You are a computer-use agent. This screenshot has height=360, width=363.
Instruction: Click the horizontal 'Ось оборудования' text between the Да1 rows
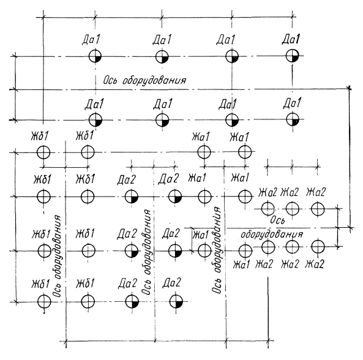(144, 81)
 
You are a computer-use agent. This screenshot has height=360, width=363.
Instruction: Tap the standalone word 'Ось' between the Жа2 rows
(277, 220)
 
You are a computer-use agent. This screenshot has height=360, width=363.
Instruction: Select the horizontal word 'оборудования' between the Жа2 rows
(272, 234)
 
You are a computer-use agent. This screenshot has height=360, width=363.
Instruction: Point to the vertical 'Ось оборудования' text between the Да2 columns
(146, 252)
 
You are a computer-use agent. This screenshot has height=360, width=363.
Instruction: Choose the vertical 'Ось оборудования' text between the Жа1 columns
(217, 250)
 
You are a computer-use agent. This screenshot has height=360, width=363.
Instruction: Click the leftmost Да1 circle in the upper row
(95, 56)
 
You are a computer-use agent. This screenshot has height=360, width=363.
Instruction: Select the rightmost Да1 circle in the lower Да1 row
(293, 119)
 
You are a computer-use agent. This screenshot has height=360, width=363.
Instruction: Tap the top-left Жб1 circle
(43, 152)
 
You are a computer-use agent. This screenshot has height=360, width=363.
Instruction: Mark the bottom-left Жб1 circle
(44, 302)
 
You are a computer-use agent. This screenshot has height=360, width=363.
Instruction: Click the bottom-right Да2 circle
(176, 302)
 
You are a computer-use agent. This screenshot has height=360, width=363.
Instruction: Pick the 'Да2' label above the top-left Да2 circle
(126, 180)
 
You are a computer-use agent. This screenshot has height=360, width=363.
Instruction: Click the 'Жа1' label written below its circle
(241, 264)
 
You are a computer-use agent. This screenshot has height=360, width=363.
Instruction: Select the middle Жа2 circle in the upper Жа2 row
(293, 209)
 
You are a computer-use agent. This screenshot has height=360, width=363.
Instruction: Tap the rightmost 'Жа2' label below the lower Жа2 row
(315, 264)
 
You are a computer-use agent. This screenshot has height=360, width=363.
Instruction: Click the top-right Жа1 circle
(245, 152)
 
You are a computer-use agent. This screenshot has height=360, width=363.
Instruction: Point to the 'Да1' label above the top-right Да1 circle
(291, 39)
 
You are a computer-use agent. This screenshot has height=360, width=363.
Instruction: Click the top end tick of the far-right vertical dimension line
(349, 88)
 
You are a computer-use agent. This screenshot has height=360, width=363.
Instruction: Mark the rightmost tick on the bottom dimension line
(269, 340)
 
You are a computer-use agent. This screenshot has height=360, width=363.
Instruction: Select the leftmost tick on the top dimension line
(43, 17)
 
